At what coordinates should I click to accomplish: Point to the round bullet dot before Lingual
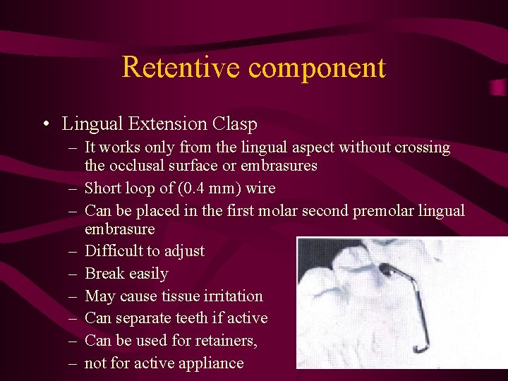click(x=44, y=125)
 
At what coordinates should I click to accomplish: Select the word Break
click(x=102, y=273)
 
